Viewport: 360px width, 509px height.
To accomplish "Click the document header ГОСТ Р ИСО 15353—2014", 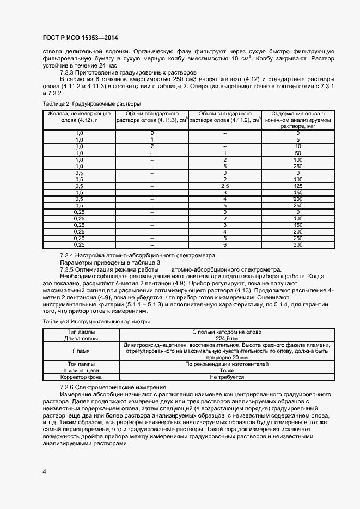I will coord(80,37).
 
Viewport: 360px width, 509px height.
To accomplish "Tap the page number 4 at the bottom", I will coord(44,471).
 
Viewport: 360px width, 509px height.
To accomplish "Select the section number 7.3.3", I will coord(69,72).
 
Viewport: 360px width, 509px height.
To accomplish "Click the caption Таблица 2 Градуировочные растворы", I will coord(91,103).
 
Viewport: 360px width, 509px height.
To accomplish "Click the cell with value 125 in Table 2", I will coord(298,186).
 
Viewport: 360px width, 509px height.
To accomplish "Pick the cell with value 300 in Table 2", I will coord(298,244).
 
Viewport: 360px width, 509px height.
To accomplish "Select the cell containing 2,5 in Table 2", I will coord(224,186).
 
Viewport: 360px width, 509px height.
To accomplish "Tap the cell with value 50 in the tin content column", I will coord(298,153).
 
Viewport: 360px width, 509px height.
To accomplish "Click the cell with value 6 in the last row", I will coord(224,244).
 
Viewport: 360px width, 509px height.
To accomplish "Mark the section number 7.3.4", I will coord(69,255).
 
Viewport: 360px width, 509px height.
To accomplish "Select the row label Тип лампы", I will coord(81,332).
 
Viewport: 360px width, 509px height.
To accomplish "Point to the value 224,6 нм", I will coord(227,338).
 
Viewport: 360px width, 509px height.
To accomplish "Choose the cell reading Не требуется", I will coord(227,377).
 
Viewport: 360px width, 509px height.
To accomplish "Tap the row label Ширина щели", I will coord(81,370).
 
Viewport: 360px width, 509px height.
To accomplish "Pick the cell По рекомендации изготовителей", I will coord(227,364).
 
